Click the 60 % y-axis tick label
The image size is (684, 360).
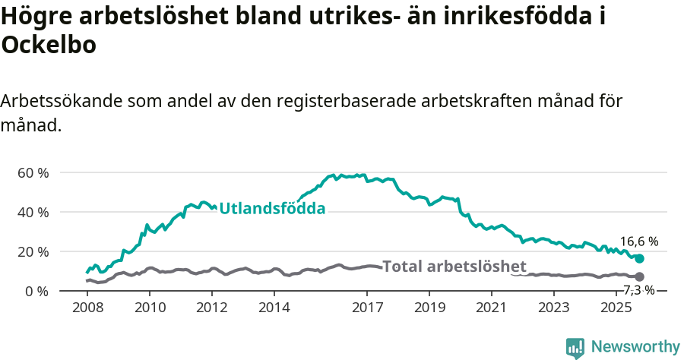pyautogui.click(x=33, y=172)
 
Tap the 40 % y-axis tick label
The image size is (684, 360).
pyautogui.click(x=33, y=212)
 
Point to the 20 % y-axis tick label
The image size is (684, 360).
pyautogui.click(x=33, y=251)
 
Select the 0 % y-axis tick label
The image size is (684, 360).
pyautogui.click(x=36, y=291)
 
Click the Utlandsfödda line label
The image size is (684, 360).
pyautogui.click(x=272, y=208)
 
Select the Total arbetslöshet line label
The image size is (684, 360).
pyautogui.click(x=454, y=266)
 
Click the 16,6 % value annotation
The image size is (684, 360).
pyautogui.click(x=638, y=242)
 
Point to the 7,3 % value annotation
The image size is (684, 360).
pyautogui.click(x=638, y=289)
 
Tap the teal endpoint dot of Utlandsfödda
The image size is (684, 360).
pyautogui.click(x=640, y=259)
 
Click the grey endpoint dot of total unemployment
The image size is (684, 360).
pyautogui.click(x=640, y=276)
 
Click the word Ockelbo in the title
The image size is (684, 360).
pyautogui.click(x=49, y=46)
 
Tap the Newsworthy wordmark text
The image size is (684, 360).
pyautogui.click(x=635, y=347)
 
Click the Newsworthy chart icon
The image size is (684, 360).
pyautogui.click(x=575, y=348)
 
